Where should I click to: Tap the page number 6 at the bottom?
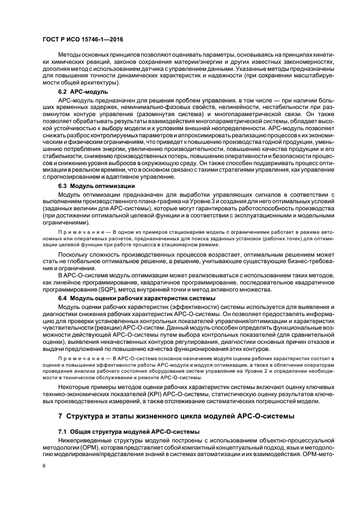(x=45, y=466)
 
